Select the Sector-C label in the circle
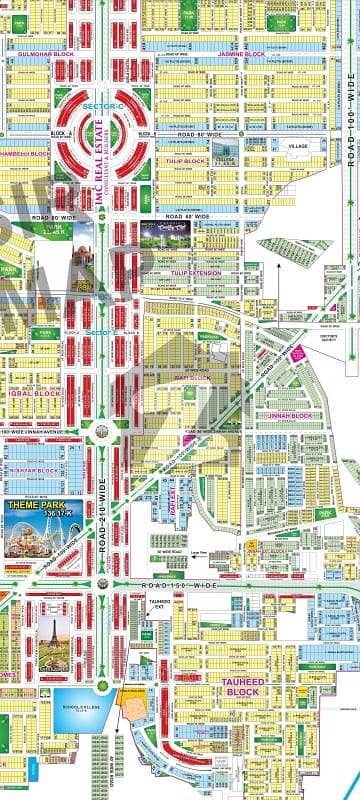pyautogui.click(x=76, y=101)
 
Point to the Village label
pyautogui.click(x=297, y=146)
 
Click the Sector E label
pyautogui.click(x=101, y=330)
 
